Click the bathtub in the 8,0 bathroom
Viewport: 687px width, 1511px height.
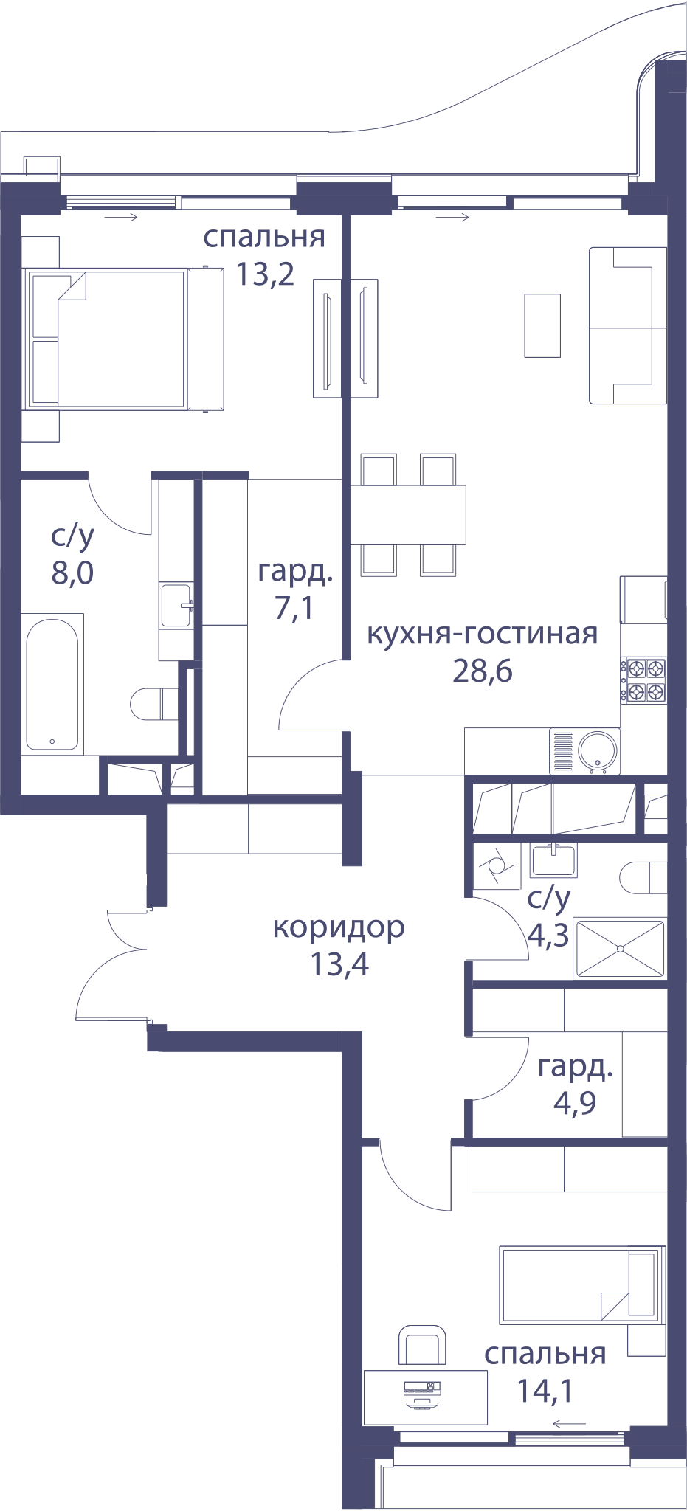pyautogui.click(x=52, y=684)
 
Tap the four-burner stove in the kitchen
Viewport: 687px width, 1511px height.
pyautogui.click(x=643, y=680)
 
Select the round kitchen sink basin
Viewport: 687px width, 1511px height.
pyautogui.click(x=598, y=750)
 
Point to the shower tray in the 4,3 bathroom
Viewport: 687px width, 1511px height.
pyautogui.click(x=620, y=949)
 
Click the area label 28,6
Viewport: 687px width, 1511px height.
pyautogui.click(x=483, y=671)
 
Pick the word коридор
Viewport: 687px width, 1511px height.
pyautogui.click(x=339, y=928)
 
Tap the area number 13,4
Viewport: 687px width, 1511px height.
pyautogui.click(x=339, y=964)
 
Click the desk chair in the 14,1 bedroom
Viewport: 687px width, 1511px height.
pyautogui.click(x=422, y=1344)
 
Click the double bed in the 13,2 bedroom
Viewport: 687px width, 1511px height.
pyautogui.click(x=123, y=339)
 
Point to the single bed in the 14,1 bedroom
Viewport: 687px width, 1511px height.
pyautogui.click(x=582, y=1284)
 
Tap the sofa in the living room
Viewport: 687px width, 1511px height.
pyautogui.click(x=628, y=325)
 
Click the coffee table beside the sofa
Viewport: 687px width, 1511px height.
pyautogui.click(x=542, y=325)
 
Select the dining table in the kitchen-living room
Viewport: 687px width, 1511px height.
pyautogui.click(x=408, y=514)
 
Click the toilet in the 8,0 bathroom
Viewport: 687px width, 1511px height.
pyautogui.click(x=154, y=704)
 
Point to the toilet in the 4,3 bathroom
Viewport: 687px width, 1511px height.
pyautogui.click(x=643, y=878)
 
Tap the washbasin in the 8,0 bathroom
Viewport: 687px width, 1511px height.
pyautogui.click(x=176, y=606)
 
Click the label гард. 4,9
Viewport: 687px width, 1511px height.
pyautogui.click(x=575, y=1085)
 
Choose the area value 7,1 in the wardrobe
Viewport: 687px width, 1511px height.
pyautogui.click(x=294, y=608)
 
